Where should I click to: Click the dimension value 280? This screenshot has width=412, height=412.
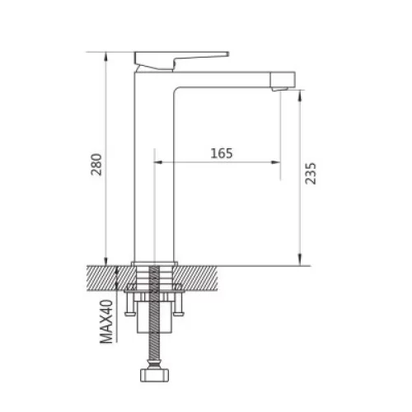tap(96, 165)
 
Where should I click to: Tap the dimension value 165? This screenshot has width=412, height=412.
tap(222, 153)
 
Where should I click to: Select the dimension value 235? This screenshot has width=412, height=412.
tap(311, 173)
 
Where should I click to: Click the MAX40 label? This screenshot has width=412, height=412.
tap(106, 321)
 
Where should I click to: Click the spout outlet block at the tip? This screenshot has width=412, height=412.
tap(283, 81)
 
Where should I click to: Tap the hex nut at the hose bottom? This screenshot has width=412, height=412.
tap(154, 375)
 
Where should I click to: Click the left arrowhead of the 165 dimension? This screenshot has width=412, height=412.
tap(158, 162)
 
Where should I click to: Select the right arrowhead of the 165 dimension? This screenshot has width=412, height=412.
tap(276, 162)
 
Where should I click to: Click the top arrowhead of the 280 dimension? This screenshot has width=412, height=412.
tap(106, 57)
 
